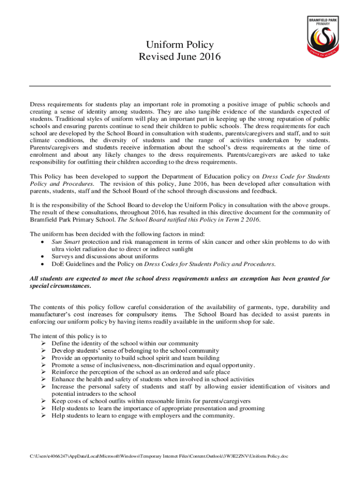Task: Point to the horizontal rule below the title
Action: (180, 86)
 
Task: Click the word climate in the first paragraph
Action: (41, 140)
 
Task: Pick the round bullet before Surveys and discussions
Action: (43, 256)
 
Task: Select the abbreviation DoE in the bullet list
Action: (58, 263)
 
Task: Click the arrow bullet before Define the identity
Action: (43, 344)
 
